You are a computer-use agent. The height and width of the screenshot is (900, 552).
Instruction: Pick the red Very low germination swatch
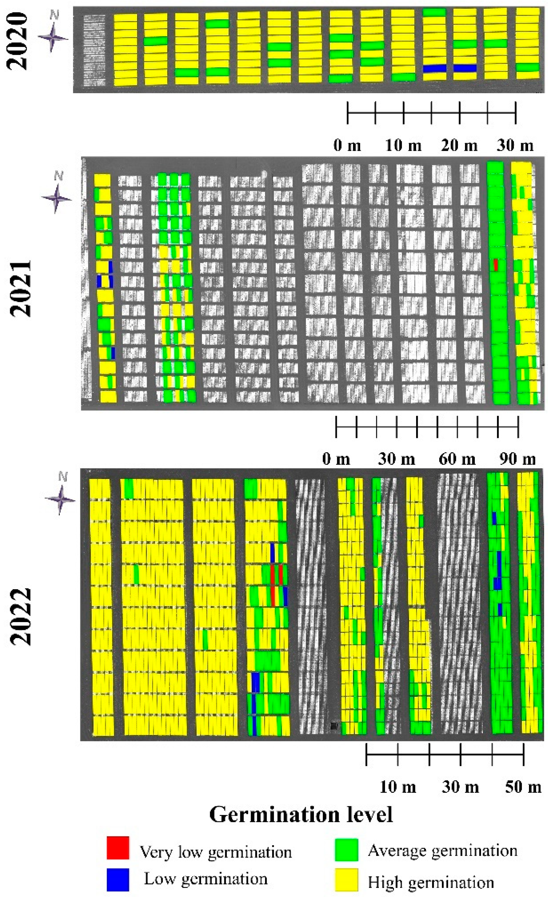click(118, 848)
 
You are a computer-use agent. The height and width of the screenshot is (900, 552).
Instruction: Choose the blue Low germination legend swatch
click(118, 880)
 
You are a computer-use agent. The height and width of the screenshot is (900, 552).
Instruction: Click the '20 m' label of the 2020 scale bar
click(459, 145)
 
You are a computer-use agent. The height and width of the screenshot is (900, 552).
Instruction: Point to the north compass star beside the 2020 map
click(53, 37)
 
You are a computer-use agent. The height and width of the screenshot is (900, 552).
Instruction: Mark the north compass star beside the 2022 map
click(60, 499)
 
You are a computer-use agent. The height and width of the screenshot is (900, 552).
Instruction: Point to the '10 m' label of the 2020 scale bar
click(403, 145)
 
